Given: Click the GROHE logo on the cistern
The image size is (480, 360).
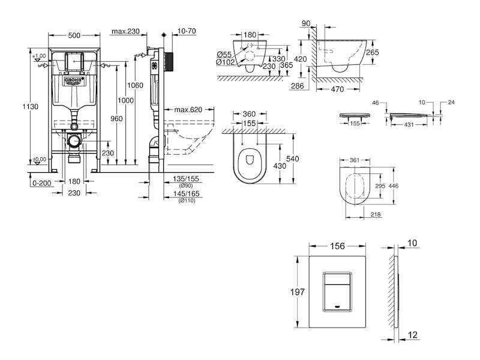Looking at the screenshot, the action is (x=74, y=80).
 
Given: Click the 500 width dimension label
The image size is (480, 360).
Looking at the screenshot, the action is (x=74, y=35).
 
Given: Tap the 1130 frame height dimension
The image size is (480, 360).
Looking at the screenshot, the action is (x=31, y=107).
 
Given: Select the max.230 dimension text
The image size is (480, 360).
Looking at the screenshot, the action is (x=125, y=31).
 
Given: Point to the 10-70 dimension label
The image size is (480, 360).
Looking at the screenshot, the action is (x=187, y=31).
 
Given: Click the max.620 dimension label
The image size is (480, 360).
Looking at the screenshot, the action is (x=188, y=109).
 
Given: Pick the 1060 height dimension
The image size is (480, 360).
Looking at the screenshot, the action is (x=135, y=85).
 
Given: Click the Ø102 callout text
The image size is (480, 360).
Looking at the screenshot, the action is (x=226, y=62).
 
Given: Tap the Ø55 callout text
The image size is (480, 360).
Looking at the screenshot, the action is (x=224, y=55).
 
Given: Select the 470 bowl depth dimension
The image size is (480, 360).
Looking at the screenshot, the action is (x=337, y=89).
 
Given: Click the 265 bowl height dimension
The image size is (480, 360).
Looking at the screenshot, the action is (x=373, y=52).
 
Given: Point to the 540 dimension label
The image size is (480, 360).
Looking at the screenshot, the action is (x=292, y=158).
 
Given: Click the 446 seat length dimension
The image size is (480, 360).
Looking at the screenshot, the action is (x=394, y=186).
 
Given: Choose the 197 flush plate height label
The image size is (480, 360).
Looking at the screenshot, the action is (x=298, y=292).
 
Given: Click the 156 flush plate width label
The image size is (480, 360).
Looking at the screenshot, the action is (x=337, y=246).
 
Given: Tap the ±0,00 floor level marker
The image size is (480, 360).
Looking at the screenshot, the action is (x=40, y=159).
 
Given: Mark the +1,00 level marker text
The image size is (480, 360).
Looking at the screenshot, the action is (x=39, y=56).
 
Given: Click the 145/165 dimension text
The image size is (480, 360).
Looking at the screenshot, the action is (x=186, y=193).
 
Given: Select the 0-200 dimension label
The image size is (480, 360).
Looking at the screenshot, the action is (x=41, y=183).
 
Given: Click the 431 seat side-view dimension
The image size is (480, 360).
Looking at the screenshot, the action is (x=409, y=125).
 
